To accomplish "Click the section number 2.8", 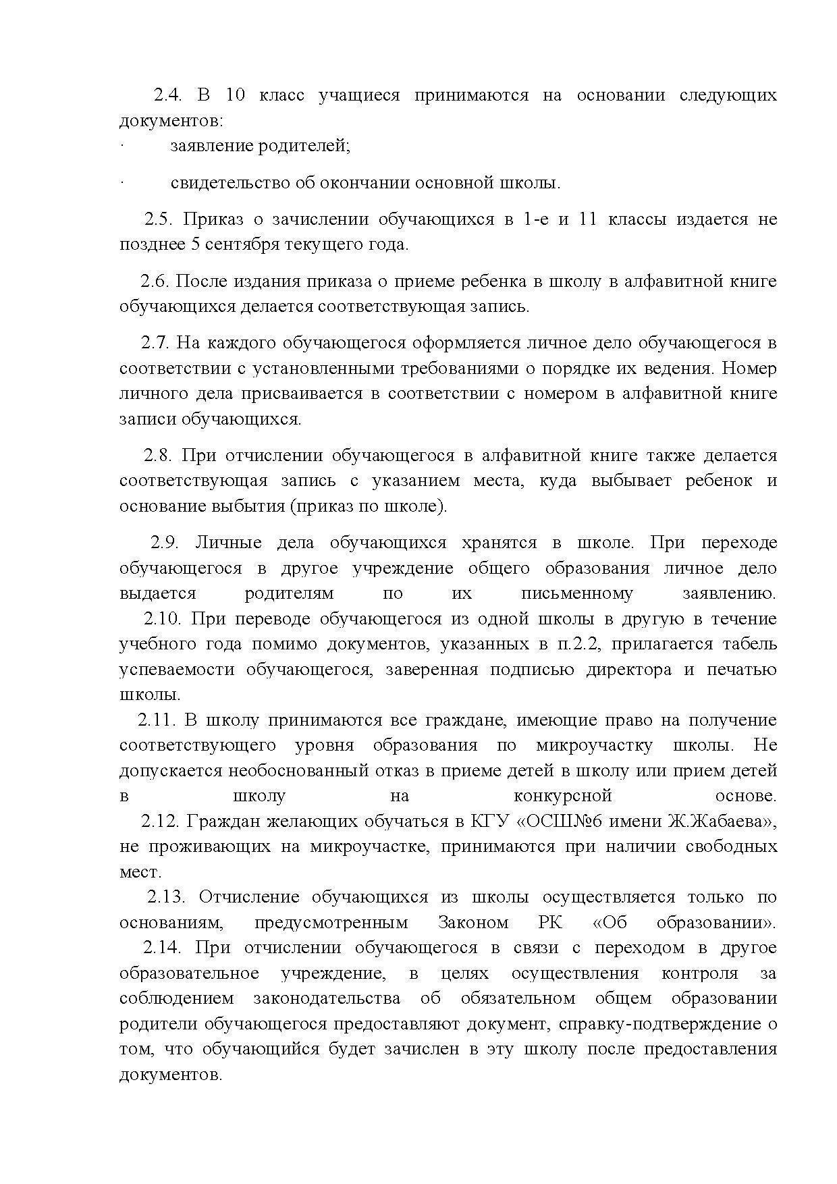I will click(x=158, y=456).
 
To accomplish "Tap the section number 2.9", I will click(x=165, y=543).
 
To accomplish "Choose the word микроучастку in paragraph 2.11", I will click(x=594, y=745).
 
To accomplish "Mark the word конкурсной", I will click(x=562, y=796).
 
